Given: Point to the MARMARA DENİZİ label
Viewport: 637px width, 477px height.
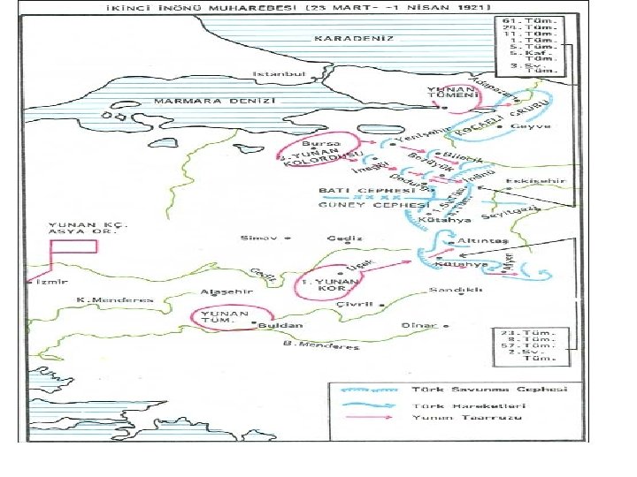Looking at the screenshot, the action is click(x=215, y=101).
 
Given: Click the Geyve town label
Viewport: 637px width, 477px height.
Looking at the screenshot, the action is click(x=534, y=126).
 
